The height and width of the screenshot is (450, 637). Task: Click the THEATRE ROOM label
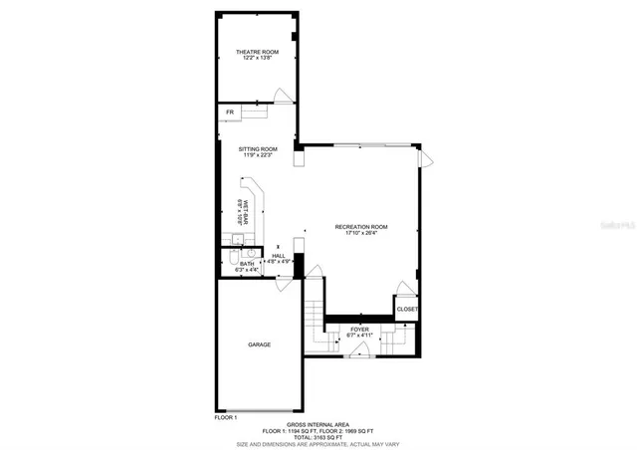point(257,52)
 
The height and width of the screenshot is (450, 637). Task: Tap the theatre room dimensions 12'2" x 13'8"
point(257,59)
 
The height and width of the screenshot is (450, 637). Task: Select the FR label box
point(230,112)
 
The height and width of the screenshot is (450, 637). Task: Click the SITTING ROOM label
point(257,147)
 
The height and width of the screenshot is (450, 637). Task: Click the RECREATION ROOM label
point(360,227)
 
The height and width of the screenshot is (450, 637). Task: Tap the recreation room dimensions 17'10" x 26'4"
point(360,234)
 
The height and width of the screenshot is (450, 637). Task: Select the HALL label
point(279,256)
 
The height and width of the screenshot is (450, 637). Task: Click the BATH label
point(246,264)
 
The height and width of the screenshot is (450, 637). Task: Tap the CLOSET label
point(407,310)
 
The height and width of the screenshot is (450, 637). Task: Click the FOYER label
point(358,329)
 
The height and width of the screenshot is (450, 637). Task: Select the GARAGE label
point(259,344)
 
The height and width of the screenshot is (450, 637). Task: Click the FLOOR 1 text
point(227,417)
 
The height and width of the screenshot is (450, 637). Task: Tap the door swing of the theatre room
point(284,96)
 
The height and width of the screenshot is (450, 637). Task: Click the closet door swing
point(406,290)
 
